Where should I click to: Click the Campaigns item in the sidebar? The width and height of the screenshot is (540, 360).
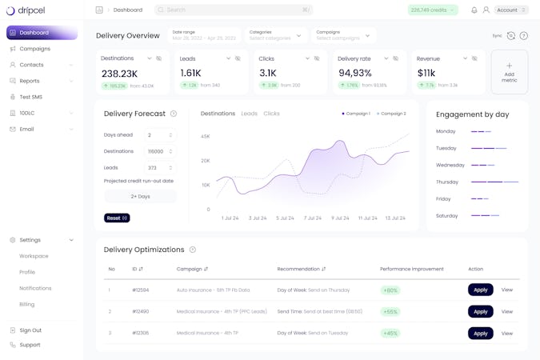click(34, 49)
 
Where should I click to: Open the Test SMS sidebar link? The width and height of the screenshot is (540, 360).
click(30, 97)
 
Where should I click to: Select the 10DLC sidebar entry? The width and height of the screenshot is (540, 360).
click(27, 113)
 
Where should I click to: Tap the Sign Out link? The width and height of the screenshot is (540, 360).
click(30, 330)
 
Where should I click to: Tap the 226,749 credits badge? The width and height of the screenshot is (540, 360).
click(433, 10)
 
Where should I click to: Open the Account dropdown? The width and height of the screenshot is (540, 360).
click(511, 10)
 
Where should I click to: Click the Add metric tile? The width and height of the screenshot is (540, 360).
click(510, 72)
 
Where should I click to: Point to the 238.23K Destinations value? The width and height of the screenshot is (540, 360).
click(120, 74)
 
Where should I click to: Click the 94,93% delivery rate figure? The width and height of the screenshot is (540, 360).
click(355, 74)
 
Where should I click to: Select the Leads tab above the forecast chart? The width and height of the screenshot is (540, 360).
click(250, 114)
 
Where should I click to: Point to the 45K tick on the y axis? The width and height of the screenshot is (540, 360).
click(205, 137)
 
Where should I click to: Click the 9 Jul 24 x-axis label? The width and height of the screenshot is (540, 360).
click(340, 218)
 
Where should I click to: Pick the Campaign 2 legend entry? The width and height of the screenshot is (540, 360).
click(392, 114)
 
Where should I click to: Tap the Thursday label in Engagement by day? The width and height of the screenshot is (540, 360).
click(447, 182)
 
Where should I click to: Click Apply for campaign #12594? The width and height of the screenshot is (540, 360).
click(480, 290)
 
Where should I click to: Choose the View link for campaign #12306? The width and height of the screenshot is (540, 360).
click(507, 334)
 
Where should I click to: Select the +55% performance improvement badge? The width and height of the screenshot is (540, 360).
click(390, 311)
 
